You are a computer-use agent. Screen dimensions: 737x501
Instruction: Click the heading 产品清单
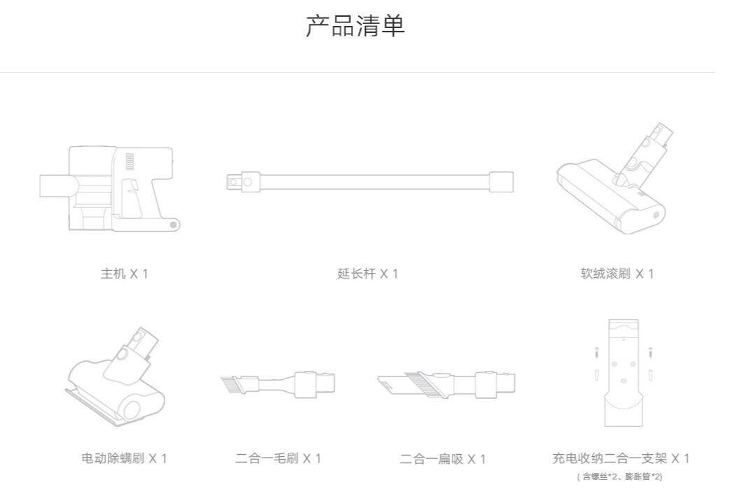pyautogui.click(x=355, y=27)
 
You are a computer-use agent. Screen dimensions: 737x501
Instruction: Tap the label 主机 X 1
pyautogui.click(x=124, y=274)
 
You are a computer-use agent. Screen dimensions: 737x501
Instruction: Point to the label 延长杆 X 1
pyautogui.click(x=367, y=274)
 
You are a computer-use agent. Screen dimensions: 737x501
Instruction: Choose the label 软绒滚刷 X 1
pyautogui.click(x=617, y=274)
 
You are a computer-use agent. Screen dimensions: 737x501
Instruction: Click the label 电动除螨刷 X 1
pyautogui.click(x=124, y=459)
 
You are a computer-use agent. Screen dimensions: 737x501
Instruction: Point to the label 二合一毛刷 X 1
pyautogui.click(x=277, y=459)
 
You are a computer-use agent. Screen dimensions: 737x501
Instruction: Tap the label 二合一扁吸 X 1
pyautogui.click(x=442, y=459)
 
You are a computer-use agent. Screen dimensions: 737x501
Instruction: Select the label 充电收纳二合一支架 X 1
pyautogui.click(x=621, y=459)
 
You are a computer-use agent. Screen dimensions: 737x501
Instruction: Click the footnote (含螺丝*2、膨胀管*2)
pyautogui.click(x=621, y=477)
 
